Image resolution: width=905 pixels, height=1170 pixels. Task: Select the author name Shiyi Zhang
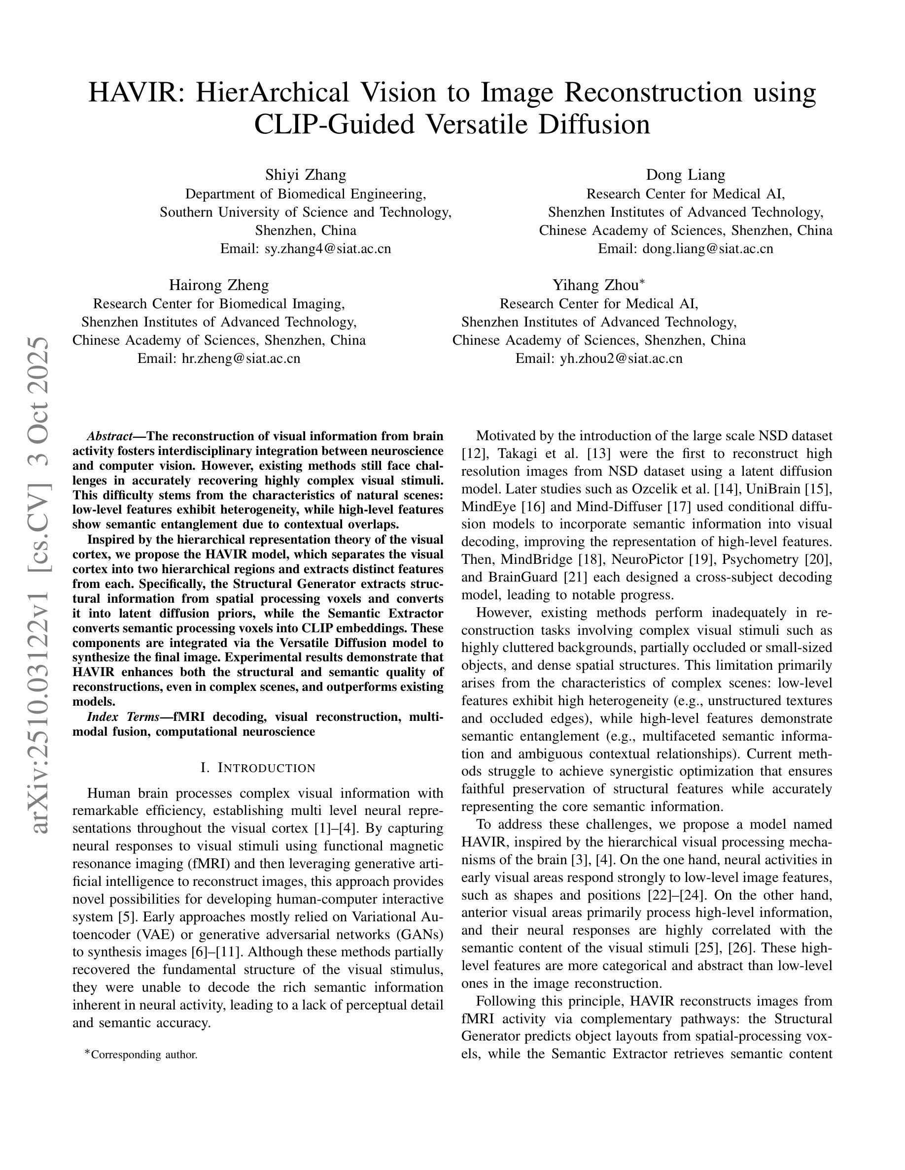tap(306, 175)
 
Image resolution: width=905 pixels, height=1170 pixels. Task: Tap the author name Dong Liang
tap(685, 175)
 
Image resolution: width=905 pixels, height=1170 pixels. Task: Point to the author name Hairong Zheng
tap(219, 285)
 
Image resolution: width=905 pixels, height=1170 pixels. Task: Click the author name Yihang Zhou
tap(595, 285)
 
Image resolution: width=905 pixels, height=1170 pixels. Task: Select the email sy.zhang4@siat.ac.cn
tap(328, 249)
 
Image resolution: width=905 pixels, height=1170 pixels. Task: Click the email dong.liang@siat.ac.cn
tap(708, 249)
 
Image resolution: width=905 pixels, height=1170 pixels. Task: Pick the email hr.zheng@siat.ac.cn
tap(241, 358)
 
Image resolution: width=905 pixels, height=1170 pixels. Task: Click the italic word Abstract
tap(109, 436)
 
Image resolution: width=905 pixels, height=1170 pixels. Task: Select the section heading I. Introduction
tap(258, 768)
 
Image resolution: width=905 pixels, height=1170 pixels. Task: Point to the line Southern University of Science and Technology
tap(306, 212)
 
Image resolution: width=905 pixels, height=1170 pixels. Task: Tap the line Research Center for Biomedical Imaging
tap(219, 304)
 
